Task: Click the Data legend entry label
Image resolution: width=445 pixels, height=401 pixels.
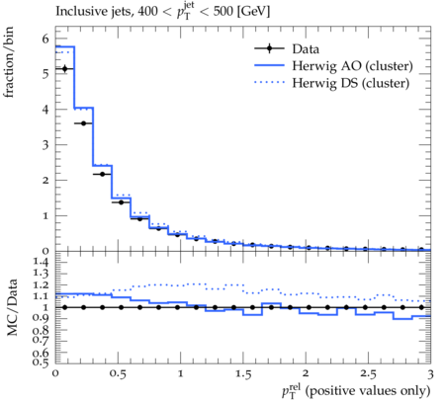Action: pyautogui.click(x=306, y=49)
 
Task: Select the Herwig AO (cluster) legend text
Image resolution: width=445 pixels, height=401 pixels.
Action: pyautogui.click(x=352, y=66)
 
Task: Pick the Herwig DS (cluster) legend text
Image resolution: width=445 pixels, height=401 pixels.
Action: pyautogui.click(x=351, y=83)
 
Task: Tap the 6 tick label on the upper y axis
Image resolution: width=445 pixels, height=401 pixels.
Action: pyautogui.click(x=45, y=40)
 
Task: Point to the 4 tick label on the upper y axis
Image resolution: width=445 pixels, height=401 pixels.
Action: pyautogui.click(x=45, y=110)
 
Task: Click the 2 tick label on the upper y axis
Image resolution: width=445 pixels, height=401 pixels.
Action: pyautogui.click(x=45, y=181)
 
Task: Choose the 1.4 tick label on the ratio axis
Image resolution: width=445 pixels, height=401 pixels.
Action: pyautogui.click(x=41, y=262)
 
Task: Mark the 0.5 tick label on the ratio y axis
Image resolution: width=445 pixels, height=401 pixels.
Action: pyautogui.click(x=41, y=362)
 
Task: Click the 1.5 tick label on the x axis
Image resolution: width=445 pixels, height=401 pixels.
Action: pyautogui.click(x=243, y=374)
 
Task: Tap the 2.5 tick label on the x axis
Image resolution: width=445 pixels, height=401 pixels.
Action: pyautogui.click(x=368, y=374)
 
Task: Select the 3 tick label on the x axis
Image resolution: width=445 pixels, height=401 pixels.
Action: pyautogui.click(x=430, y=374)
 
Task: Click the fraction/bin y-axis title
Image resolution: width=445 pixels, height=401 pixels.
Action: pyautogui.click(x=9, y=62)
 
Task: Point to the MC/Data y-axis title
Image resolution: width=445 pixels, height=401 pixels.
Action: pyautogui.click(x=12, y=307)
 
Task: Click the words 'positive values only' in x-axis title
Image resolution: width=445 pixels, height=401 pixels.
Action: pyautogui.click(x=368, y=391)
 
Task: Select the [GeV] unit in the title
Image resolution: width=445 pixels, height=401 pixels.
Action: pyautogui.click(x=253, y=12)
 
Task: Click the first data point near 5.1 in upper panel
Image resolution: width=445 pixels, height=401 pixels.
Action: pyautogui.click(x=64, y=68)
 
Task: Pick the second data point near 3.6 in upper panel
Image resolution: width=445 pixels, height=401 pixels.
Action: pyautogui.click(x=83, y=123)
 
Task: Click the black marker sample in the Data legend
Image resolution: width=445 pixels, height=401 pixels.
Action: pyautogui.click(x=269, y=48)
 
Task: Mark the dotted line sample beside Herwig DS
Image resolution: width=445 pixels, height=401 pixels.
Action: pyautogui.click(x=269, y=82)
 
